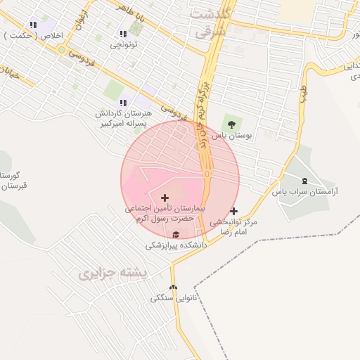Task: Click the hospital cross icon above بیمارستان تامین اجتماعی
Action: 165,198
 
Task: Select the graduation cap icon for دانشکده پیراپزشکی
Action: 176,235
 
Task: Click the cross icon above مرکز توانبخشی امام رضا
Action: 233,211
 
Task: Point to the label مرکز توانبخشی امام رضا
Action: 233,226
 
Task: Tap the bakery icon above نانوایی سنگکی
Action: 174,287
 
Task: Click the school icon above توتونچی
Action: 123,34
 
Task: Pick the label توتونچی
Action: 124,45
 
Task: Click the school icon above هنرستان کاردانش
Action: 123,103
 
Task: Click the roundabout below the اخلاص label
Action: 62,49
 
